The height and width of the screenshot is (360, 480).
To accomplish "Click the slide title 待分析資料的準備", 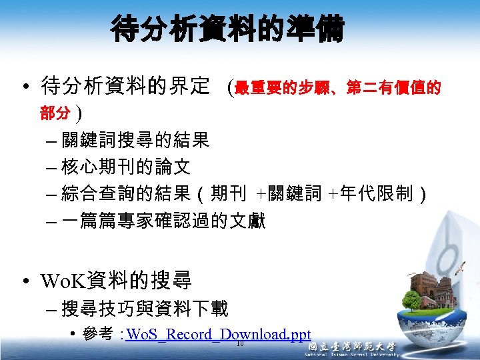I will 228,29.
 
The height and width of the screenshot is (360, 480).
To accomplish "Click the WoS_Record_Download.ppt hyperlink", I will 218,334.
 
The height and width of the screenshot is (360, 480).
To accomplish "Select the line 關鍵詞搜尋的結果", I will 135,140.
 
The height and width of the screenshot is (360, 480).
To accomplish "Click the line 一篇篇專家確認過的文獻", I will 163,221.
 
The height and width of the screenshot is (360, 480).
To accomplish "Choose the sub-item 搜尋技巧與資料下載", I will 145,309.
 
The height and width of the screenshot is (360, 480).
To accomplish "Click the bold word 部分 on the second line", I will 55,114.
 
